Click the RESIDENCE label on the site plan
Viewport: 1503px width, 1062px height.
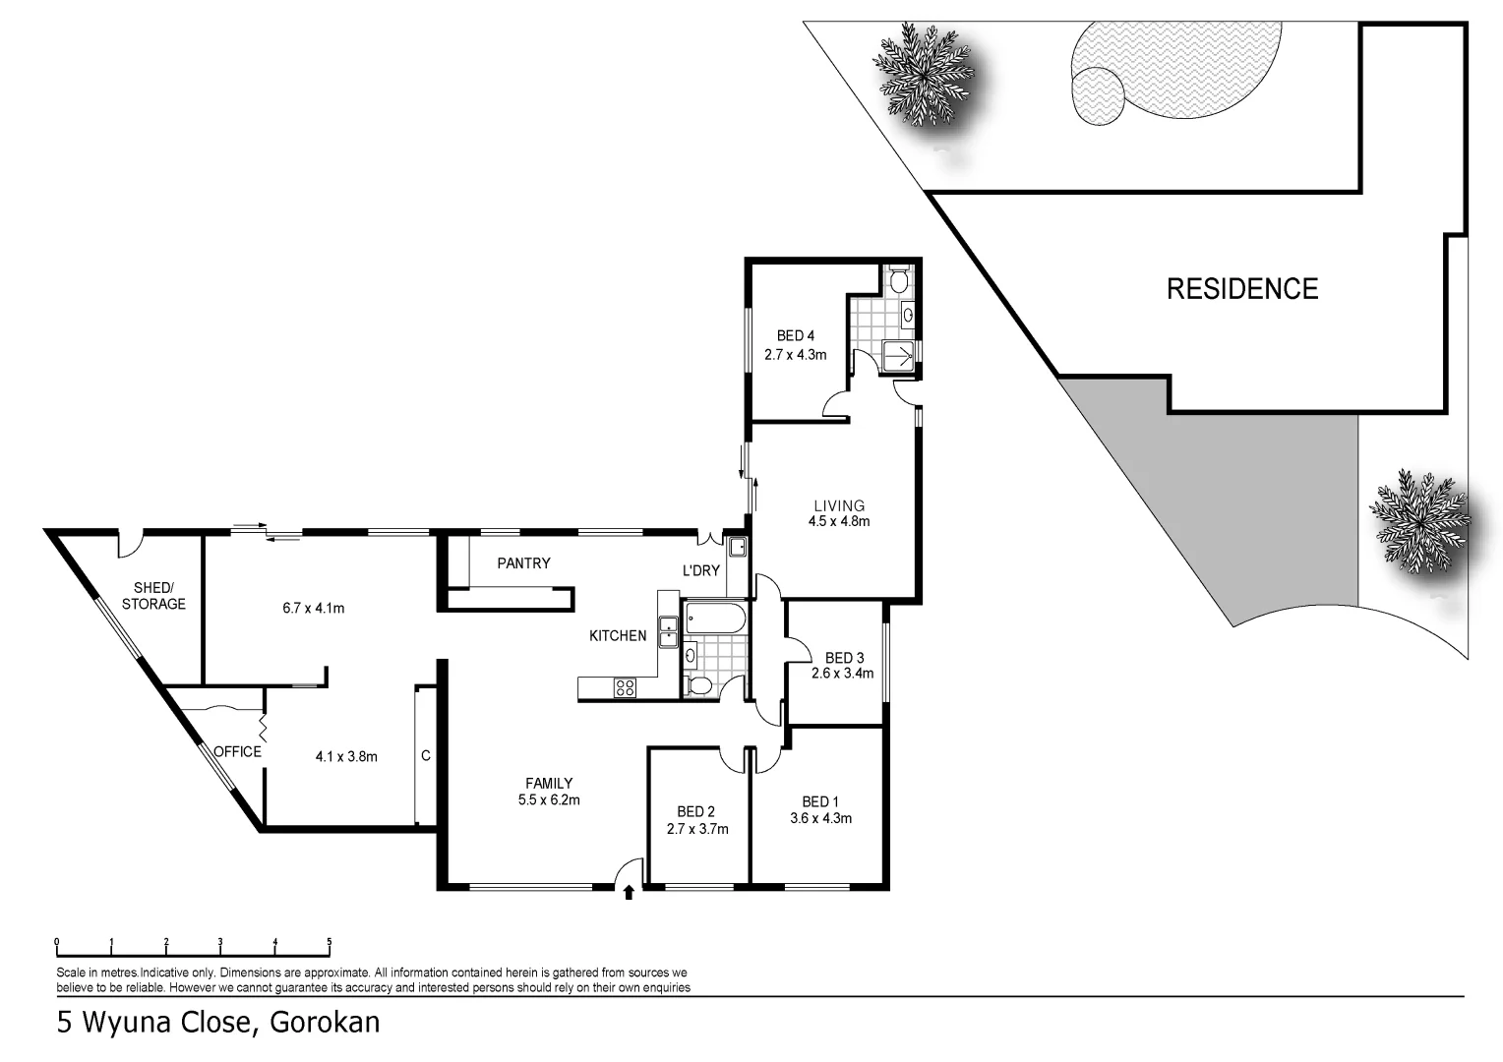point(1241,289)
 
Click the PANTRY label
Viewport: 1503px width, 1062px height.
point(523,563)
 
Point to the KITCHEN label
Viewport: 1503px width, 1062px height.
point(618,636)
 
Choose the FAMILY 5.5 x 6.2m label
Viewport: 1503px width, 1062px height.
point(549,792)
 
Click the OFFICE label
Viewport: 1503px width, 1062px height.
point(237,752)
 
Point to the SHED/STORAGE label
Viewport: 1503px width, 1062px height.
point(153,596)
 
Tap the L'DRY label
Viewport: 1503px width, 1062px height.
point(701,570)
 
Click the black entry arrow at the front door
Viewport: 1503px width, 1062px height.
point(629,893)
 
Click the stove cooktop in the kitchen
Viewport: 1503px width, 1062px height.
point(625,688)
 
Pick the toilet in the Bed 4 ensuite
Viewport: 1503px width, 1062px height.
point(896,281)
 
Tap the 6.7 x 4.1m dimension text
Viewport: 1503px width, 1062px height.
point(313,608)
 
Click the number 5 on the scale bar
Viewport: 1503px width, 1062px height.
point(330,942)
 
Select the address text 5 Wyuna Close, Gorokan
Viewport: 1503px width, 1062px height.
point(218,1023)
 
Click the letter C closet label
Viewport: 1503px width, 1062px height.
point(425,756)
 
